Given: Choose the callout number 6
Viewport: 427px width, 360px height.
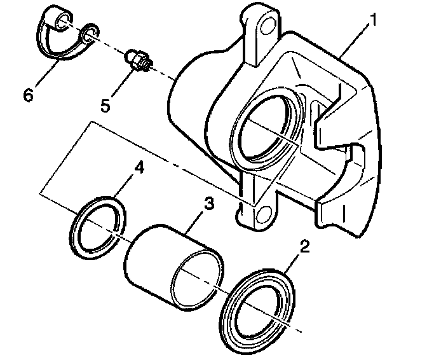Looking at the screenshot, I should point(27,95).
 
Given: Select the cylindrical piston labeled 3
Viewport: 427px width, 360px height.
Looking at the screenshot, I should point(159,254).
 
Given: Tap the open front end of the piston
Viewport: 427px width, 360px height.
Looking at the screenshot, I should point(197,274).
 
